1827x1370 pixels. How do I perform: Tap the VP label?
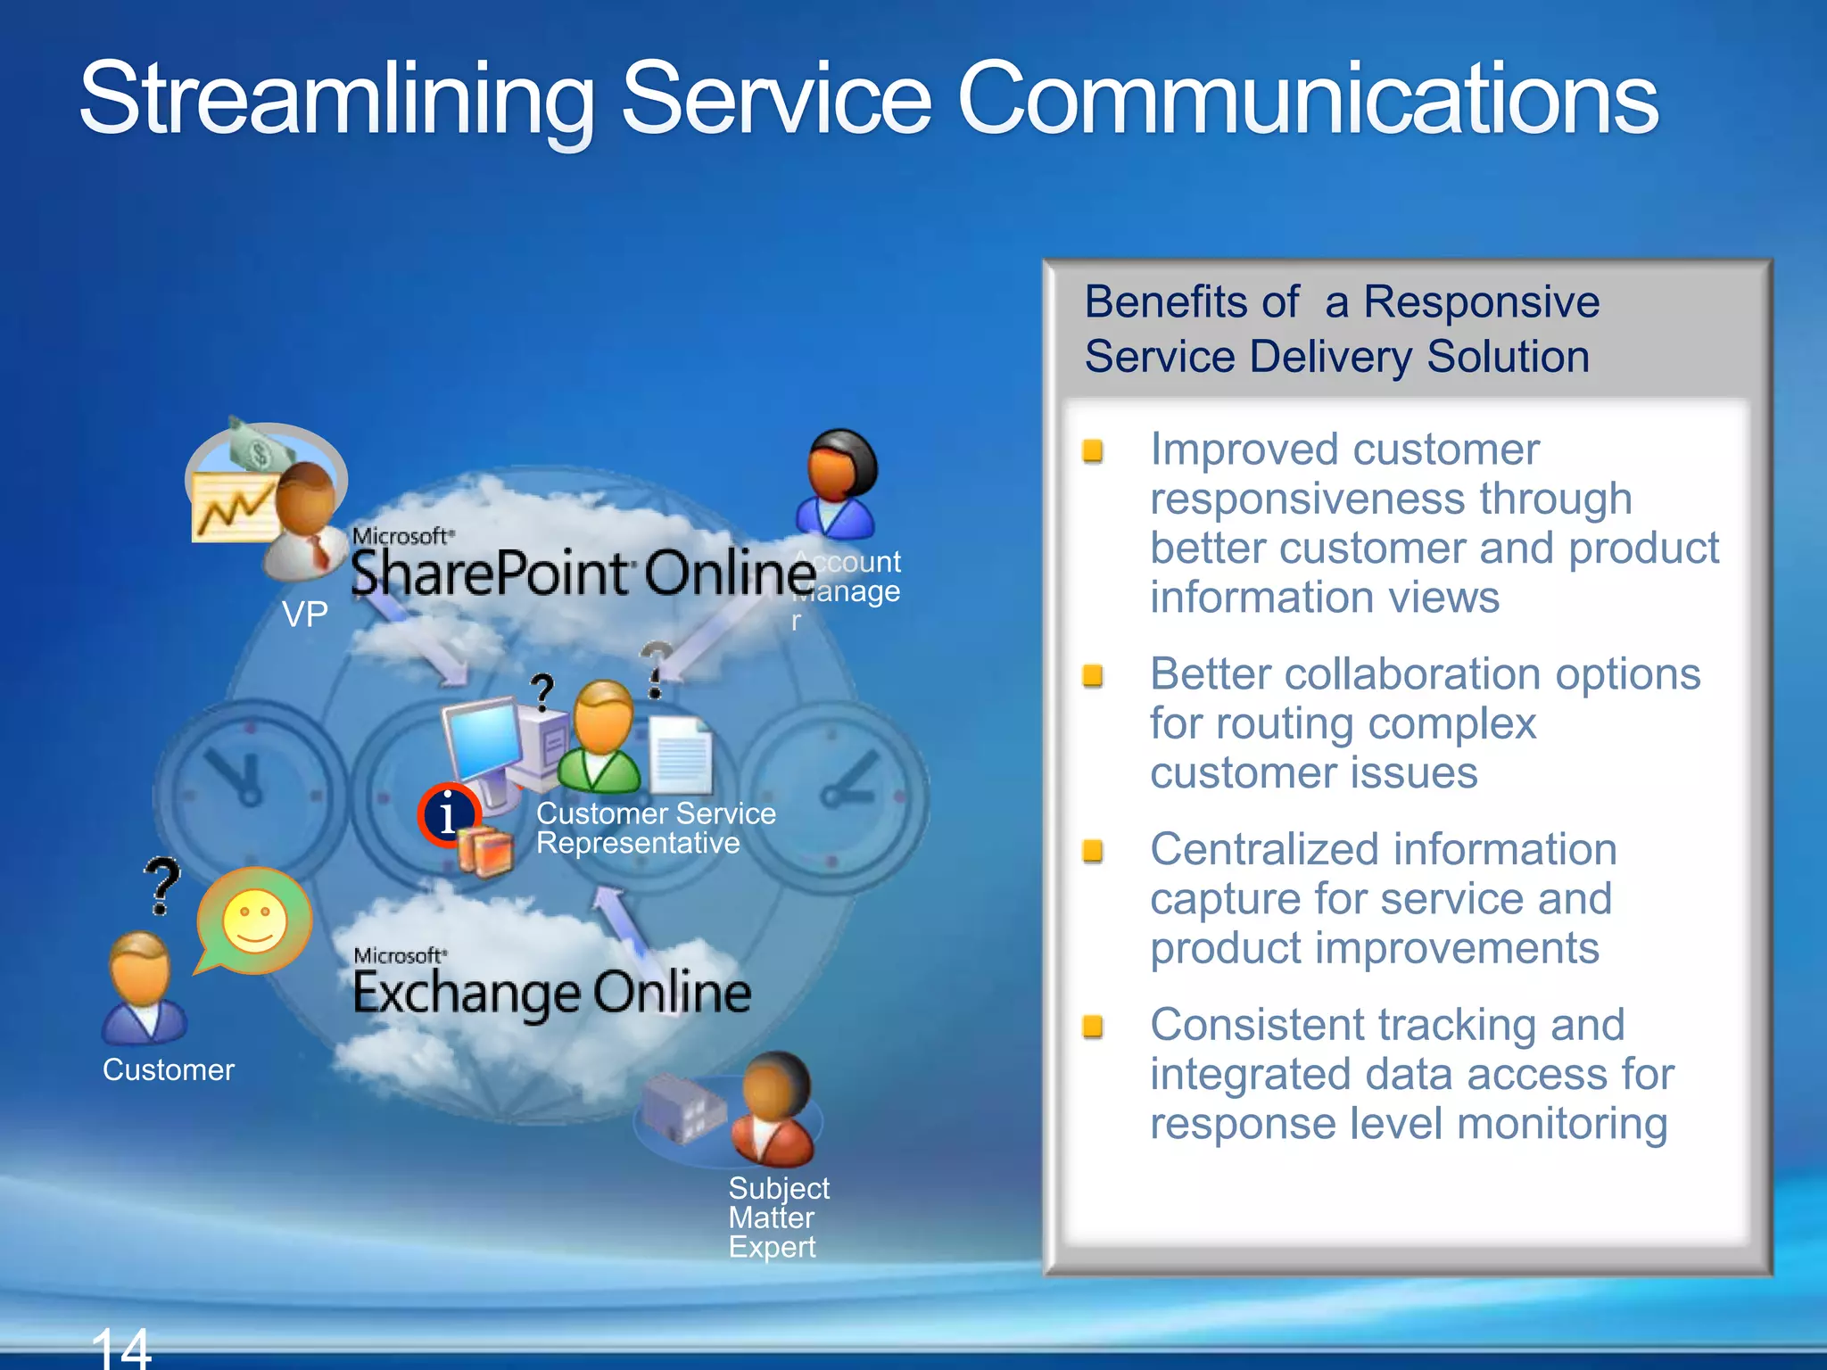point(305,615)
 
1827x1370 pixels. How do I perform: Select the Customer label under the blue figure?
point(169,1069)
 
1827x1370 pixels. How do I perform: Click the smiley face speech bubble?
point(255,920)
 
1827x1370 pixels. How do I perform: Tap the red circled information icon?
point(449,814)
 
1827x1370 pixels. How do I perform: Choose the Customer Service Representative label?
point(655,828)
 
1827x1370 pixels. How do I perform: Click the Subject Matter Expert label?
point(778,1217)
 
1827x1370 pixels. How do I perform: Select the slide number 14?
point(121,1349)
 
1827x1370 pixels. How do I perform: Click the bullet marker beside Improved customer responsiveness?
point(1093,451)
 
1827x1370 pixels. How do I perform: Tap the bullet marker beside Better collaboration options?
point(1093,675)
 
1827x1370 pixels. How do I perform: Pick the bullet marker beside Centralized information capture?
point(1093,851)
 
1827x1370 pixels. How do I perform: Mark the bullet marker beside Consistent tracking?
point(1093,1027)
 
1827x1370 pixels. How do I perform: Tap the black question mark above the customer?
point(162,885)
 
